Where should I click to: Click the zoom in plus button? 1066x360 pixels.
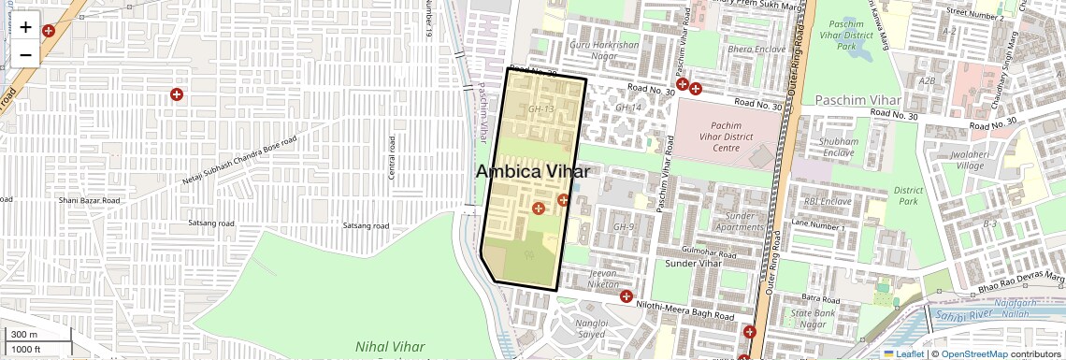25,27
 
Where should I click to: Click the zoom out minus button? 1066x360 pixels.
25,54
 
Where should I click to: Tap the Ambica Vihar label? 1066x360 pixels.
532,172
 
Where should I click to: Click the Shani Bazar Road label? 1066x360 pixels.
89,200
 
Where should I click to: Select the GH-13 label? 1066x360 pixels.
540,109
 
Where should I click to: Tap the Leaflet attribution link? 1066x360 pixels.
903,353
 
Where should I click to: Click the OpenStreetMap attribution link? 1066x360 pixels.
973,353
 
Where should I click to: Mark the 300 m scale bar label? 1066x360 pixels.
23,335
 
